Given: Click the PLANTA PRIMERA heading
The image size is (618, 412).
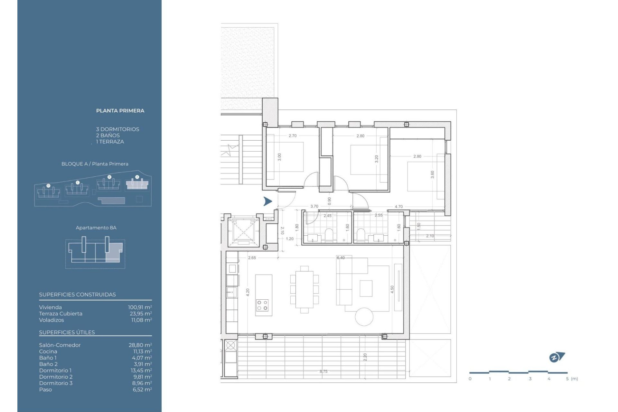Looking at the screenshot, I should [x=120, y=111].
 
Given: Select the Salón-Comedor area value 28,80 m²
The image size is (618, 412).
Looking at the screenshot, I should [x=140, y=345].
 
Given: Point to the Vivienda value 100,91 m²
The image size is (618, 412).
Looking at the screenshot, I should [x=140, y=307].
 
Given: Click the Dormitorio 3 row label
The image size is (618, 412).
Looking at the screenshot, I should [x=56, y=383].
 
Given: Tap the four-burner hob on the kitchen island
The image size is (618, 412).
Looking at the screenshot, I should [x=262, y=305].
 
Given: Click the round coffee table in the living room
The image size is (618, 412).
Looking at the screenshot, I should [x=364, y=317].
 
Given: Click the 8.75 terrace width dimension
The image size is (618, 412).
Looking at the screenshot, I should [x=323, y=371].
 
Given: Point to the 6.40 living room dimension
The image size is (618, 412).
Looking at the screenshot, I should [x=341, y=258].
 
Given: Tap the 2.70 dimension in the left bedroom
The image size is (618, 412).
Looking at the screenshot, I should [x=293, y=136].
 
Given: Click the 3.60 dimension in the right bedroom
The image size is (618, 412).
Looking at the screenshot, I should [x=432, y=174].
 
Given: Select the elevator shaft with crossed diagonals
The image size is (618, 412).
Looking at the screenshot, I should [x=243, y=231].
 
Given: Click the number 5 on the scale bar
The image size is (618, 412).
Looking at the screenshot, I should [x=567, y=379].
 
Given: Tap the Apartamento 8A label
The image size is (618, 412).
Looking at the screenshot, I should [x=96, y=228].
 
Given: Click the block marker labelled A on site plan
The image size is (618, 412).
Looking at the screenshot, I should [x=137, y=177].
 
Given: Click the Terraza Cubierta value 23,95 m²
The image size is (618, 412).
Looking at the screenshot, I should [x=140, y=314].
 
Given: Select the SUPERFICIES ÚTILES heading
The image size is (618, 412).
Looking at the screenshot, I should [x=67, y=332].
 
